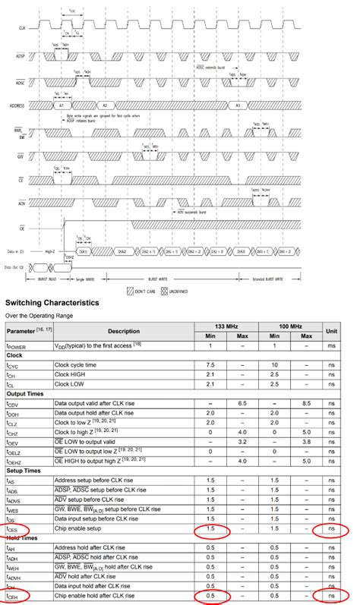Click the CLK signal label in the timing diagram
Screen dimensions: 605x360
(x=11, y=27)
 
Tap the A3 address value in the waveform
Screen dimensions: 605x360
(x=238, y=106)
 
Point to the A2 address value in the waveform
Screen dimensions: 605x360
(x=106, y=106)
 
